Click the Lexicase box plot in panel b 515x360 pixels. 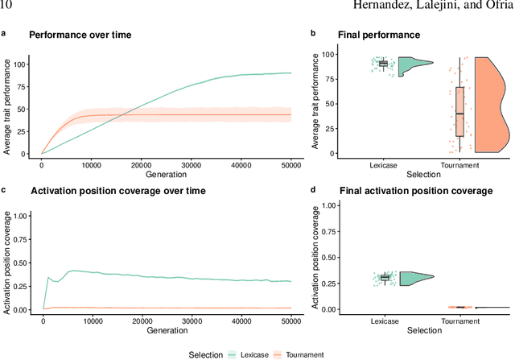tap(383, 63)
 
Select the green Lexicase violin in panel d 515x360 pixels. tap(414, 279)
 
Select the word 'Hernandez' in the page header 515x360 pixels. tap(348, 7)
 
